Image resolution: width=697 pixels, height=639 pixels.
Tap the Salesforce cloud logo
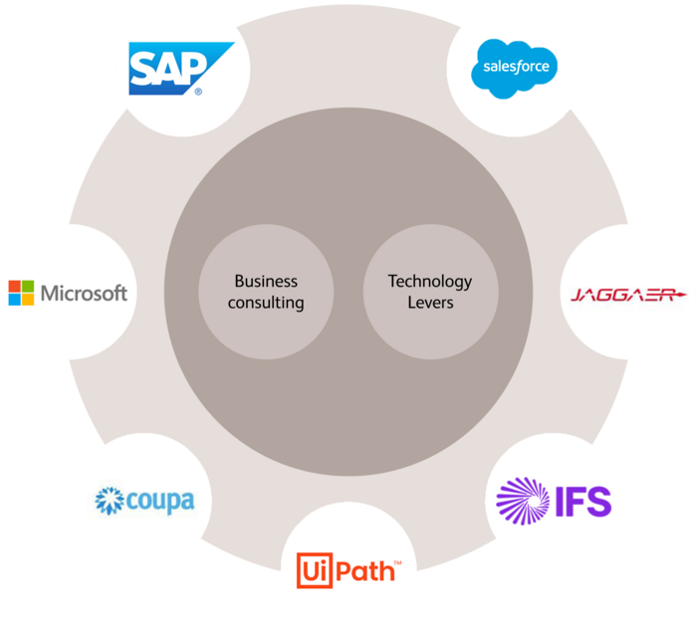coord(514,67)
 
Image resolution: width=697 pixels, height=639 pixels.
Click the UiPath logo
coord(348,572)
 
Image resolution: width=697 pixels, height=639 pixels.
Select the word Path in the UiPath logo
coord(365,572)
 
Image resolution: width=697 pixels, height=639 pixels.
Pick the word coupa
coord(159,501)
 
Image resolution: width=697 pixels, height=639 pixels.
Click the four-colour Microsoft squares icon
coord(21,293)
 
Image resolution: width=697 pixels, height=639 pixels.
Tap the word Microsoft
coord(84,294)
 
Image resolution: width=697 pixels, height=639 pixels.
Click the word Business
coord(266,282)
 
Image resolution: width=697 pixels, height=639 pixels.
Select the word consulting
coord(266,303)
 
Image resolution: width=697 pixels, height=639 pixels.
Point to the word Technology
coord(430,282)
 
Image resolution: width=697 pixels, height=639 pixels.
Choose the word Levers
coord(430,303)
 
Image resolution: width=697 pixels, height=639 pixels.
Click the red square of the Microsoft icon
coord(15,287)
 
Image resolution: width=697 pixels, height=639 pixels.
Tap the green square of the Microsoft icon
coord(28,287)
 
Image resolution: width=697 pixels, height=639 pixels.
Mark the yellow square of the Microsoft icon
coord(28,300)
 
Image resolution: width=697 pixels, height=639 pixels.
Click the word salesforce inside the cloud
coord(514,69)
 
